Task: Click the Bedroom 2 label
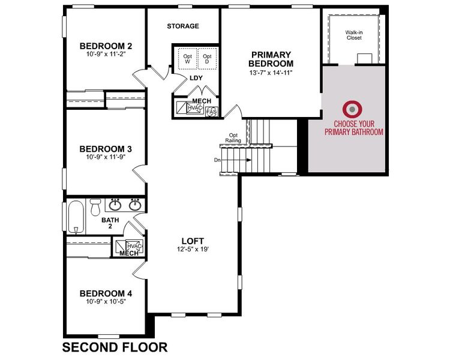106,46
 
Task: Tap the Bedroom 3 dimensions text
106,157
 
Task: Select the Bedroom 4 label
106,293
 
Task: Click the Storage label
183,26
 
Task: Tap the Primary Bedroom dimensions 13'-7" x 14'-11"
272,73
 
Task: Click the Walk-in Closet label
354,34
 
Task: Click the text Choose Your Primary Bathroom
353,128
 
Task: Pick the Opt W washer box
187,58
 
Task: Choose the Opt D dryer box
207,58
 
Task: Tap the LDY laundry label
196,78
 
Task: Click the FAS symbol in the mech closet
211,112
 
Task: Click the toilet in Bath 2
95,208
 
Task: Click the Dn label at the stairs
217,160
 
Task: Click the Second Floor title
115,347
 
